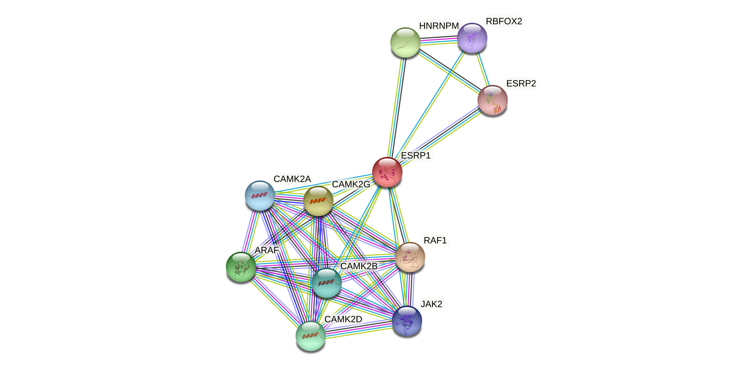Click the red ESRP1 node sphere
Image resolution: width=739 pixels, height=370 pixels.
[x=387, y=172]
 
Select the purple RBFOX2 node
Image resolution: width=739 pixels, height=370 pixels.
[x=472, y=38]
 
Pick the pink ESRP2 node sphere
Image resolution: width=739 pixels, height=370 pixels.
[x=492, y=100]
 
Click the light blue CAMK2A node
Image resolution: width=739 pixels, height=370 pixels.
[x=260, y=195]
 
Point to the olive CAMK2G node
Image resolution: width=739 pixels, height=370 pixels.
[x=318, y=201]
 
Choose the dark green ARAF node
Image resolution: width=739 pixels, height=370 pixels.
[x=241, y=267]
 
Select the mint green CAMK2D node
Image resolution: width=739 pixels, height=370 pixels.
[x=310, y=336]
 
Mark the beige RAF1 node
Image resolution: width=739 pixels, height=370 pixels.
[x=410, y=257]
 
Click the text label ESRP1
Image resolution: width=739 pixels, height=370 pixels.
[x=416, y=156]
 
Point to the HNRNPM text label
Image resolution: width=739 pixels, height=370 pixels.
[x=439, y=26]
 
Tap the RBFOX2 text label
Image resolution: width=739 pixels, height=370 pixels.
[x=504, y=21]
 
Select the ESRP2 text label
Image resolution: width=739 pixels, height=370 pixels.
[x=521, y=84]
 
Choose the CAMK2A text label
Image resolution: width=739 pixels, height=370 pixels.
[x=292, y=179]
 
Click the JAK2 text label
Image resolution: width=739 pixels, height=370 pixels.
[x=431, y=304]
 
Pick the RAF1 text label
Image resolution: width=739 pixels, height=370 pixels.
[x=435, y=240]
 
